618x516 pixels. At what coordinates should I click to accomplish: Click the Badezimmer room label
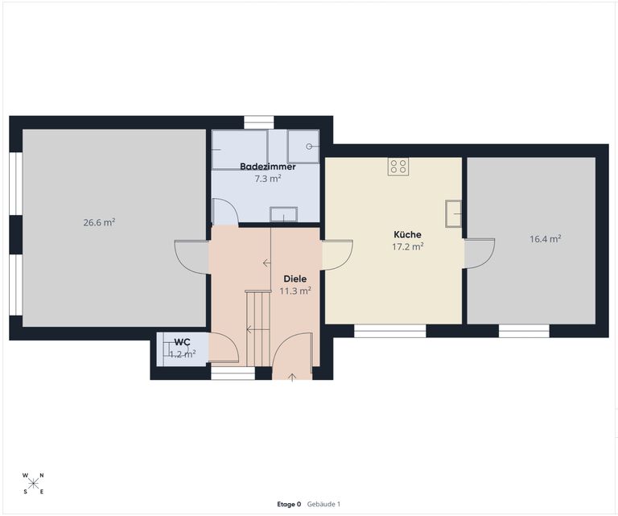coord(268,167)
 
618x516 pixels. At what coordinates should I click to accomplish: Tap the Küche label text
coord(407,234)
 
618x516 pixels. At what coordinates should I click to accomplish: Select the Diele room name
coord(295,279)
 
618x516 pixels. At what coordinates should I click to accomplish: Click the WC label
coord(182,342)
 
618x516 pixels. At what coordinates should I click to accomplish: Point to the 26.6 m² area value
coord(99,222)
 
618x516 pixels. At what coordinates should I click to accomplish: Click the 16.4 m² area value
coord(546,239)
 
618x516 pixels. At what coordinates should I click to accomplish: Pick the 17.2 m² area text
coord(407,247)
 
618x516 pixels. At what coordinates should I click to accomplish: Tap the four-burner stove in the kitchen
coord(398,167)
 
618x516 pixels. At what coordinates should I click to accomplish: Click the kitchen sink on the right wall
coord(453,213)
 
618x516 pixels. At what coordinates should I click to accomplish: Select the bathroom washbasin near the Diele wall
coord(284,214)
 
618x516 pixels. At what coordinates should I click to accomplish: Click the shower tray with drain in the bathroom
coord(303,147)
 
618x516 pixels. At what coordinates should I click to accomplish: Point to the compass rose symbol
coord(34,483)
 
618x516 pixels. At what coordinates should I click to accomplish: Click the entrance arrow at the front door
coord(292,378)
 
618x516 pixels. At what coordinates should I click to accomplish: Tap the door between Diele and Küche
coord(337,254)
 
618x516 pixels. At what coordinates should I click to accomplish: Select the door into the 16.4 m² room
coord(480,254)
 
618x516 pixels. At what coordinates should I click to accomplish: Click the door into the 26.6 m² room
coord(192,257)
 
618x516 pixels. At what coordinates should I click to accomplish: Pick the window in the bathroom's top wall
coord(259,122)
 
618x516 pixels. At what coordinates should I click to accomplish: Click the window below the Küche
coord(390,331)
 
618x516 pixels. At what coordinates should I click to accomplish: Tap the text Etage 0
coord(289,504)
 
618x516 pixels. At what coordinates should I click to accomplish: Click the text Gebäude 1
coord(323,504)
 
